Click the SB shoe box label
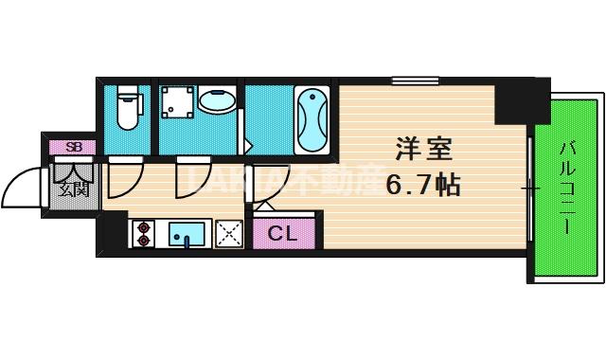72,146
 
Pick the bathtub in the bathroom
312,119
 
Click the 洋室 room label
422,151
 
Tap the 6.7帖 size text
422,184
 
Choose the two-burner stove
143,233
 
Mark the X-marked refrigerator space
229,233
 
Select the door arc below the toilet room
125,176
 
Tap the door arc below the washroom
192,176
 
